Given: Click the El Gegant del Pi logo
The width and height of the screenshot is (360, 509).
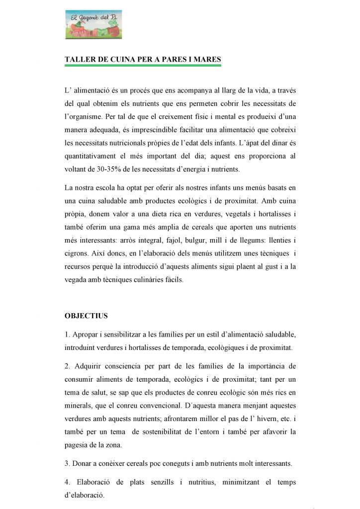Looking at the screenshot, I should (93, 25).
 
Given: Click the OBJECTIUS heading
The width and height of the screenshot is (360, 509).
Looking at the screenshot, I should (86, 316).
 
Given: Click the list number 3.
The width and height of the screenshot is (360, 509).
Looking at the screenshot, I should (67, 464).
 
